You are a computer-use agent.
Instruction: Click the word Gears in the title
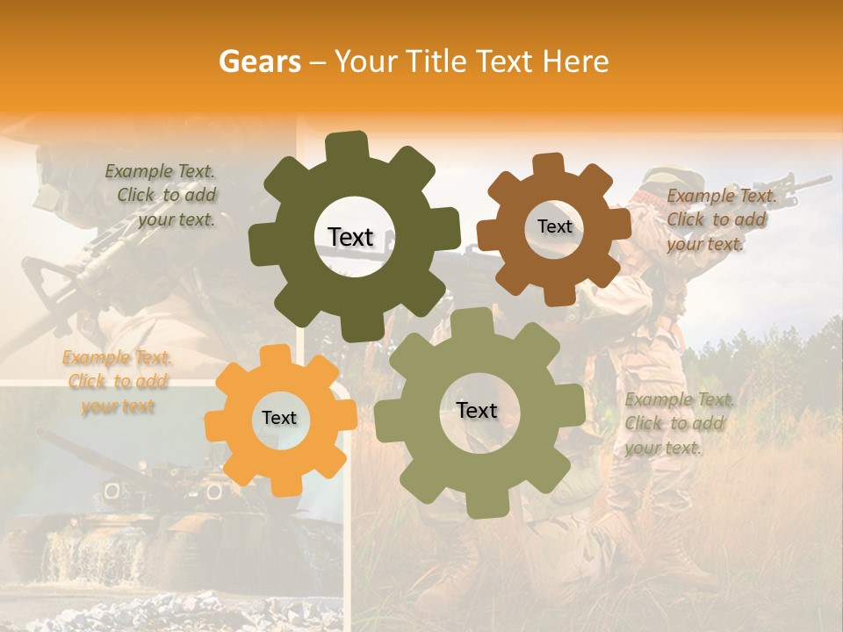(259, 61)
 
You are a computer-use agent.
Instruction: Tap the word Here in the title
(575, 61)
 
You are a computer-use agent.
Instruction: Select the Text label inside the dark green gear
(350, 237)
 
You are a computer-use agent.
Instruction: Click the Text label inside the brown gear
(554, 226)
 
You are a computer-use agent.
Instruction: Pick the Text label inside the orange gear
(279, 419)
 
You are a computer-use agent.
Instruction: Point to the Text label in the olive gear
(477, 411)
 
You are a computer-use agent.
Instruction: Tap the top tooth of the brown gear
(549, 164)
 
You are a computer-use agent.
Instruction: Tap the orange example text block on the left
(118, 382)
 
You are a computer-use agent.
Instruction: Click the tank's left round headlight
(112, 490)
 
